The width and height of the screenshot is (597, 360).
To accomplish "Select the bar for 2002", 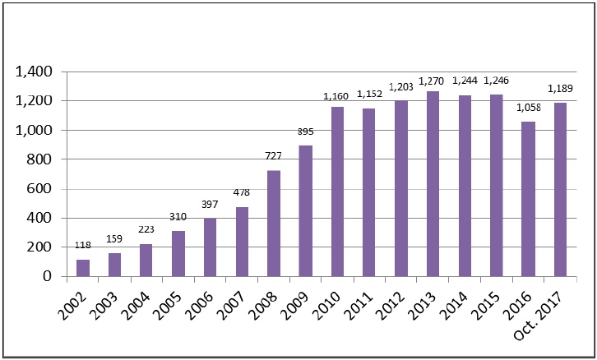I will [83, 268].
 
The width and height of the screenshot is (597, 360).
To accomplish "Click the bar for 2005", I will [178, 254].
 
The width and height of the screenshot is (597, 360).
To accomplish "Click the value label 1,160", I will [337, 97].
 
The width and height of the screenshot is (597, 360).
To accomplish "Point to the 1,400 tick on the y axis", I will [35, 72].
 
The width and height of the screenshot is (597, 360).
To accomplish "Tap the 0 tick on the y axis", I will [49, 277].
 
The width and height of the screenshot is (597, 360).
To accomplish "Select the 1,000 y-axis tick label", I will [35, 131].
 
